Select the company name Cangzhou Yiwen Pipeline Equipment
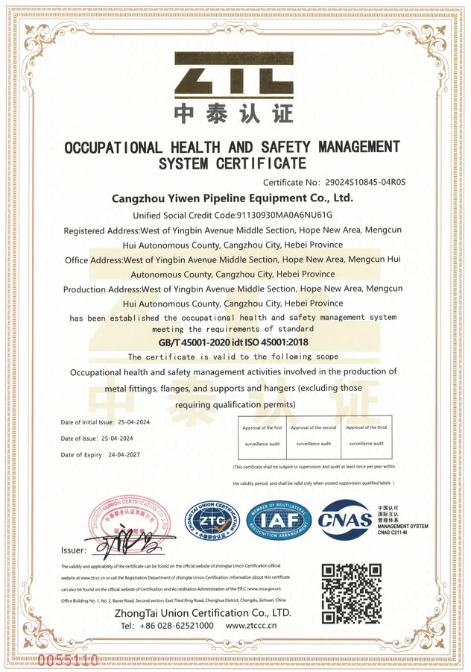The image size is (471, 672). tap(232, 198)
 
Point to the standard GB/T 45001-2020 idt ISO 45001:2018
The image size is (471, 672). tap(233, 342)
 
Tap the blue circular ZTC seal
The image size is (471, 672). tap(212, 521)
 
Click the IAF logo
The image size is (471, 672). tap(279, 521)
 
